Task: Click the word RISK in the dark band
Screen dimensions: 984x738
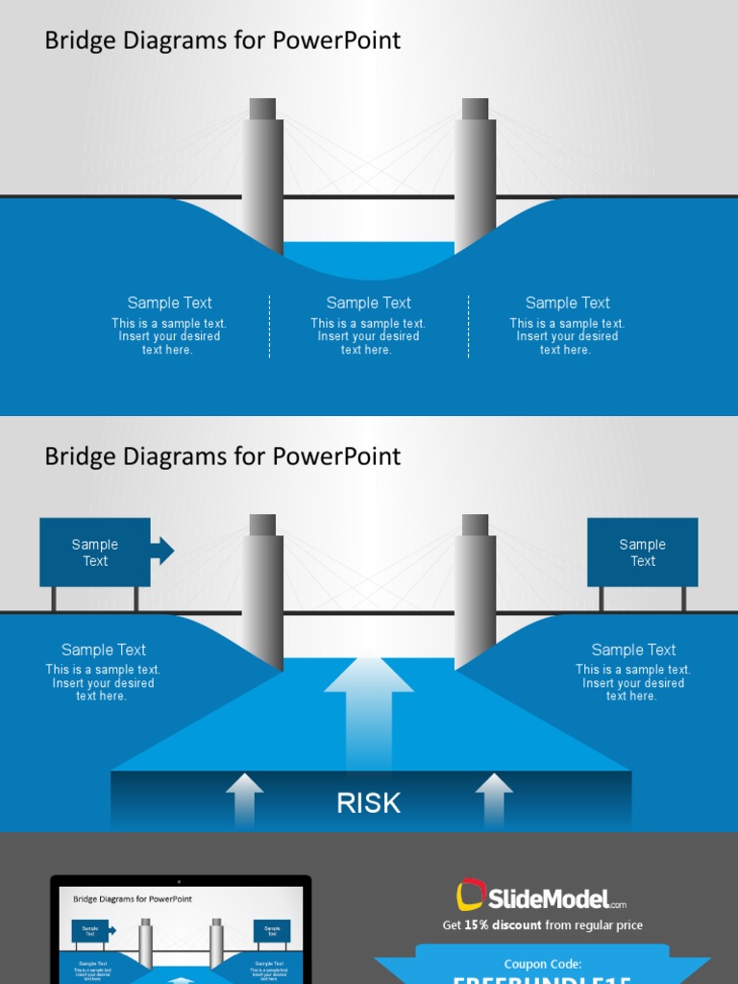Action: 368,803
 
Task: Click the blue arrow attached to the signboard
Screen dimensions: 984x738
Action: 162,551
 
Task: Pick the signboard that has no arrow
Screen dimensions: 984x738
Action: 642,553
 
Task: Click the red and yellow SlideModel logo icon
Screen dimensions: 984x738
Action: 470,896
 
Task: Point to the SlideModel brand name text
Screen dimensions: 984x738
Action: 548,899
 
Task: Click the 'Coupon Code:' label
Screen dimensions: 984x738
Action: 542,964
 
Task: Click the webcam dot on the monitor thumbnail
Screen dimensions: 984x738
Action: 179,881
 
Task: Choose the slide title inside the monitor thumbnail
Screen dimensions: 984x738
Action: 132,899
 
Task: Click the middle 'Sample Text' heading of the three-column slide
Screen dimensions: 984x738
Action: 368,303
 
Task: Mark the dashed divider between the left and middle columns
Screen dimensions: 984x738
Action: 270,327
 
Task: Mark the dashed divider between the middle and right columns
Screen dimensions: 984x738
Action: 469,327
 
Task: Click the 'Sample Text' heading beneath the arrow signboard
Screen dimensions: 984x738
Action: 103,650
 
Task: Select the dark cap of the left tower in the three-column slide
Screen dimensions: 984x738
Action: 262,109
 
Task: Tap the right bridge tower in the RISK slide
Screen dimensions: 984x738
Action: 475,596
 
